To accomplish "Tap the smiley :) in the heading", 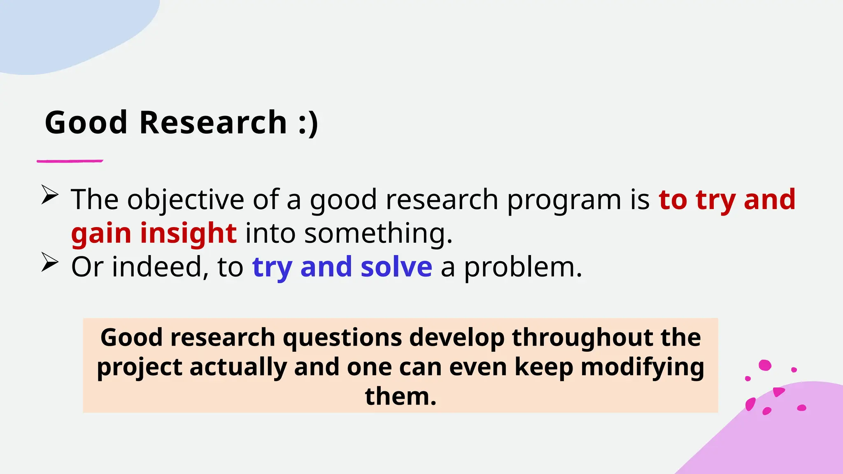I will [308, 123].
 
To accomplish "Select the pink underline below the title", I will [70, 161].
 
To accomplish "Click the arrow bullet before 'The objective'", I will [50, 195].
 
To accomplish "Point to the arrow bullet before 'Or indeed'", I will [50, 263].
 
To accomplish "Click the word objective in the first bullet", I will [186, 200].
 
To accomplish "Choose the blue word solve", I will [396, 267].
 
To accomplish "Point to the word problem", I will [523, 268].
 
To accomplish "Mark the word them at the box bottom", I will [401, 396].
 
